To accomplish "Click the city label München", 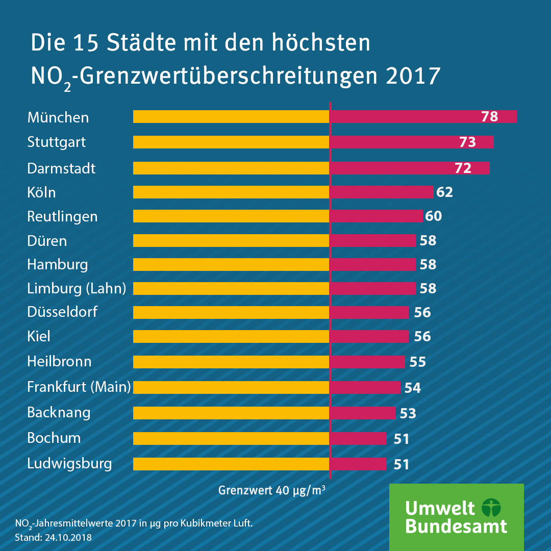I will pyautogui.click(x=58, y=117).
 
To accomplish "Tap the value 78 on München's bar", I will pyautogui.click(x=489, y=117).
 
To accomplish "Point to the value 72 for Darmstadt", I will pyautogui.click(x=463, y=168).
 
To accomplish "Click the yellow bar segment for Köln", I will pyautogui.click(x=231, y=192).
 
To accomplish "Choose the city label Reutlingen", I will pyautogui.click(x=62, y=216).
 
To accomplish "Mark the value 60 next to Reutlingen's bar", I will pyautogui.click(x=433, y=216).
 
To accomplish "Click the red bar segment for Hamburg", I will pyautogui.click(x=372, y=264).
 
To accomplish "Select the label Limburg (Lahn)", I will pyautogui.click(x=77, y=288).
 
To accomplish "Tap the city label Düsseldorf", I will pyautogui.click(x=62, y=312).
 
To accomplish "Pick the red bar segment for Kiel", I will pyautogui.click(x=369, y=336).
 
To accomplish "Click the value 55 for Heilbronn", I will pyautogui.click(x=417, y=362).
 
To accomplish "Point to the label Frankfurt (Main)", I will pyautogui.click(x=79, y=387).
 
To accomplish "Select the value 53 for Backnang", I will pyautogui.click(x=408, y=413).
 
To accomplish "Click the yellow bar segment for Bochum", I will pyautogui.click(x=231, y=438).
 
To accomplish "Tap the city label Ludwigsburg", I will pyautogui.click(x=69, y=464).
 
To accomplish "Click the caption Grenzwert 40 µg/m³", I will pyautogui.click(x=272, y=491).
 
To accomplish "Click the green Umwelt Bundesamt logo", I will pyautogui.click(x=456, y=517).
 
